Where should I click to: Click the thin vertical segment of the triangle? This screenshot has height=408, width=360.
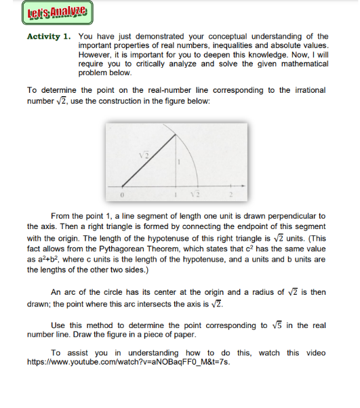[176, 169]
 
